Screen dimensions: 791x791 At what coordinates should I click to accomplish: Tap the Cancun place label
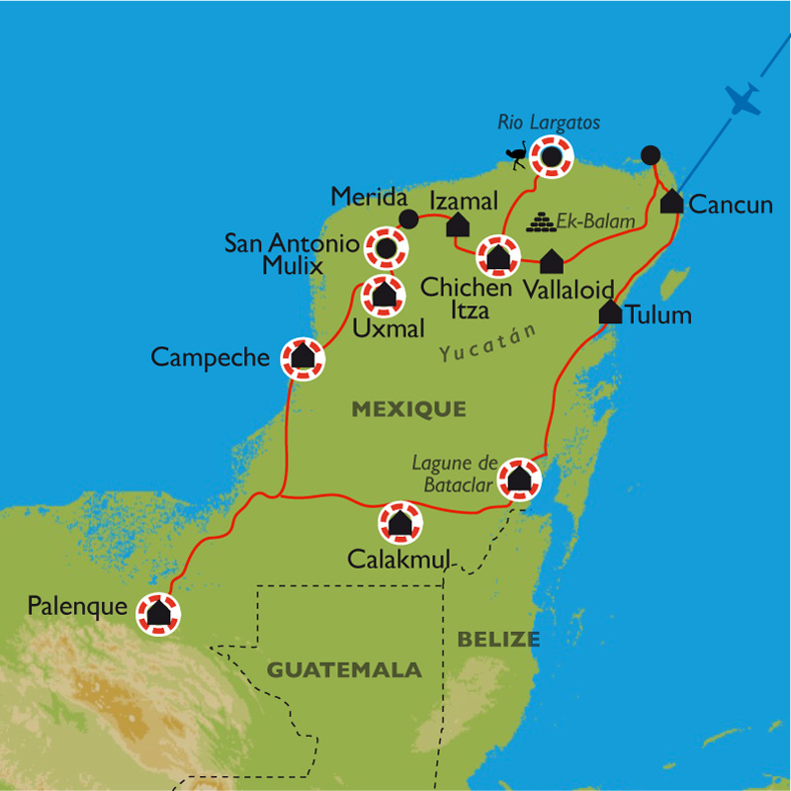click(730, 205)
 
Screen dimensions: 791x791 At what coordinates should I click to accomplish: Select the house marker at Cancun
click(671, 202)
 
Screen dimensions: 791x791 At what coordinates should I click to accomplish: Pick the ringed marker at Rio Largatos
click(551, 156)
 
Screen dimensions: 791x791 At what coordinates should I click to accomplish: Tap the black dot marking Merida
click(405, 217)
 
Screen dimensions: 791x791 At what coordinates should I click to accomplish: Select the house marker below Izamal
click(458, 225)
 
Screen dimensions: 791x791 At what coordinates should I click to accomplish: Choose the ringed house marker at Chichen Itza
click(497, 257)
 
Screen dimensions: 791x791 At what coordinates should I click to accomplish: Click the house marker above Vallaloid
click(552, 261)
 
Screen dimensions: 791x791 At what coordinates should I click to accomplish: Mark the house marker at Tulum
click(610, 311)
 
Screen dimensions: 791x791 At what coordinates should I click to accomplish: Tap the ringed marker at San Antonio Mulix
click(386, 247)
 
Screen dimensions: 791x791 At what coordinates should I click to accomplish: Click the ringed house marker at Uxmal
click(383, 294)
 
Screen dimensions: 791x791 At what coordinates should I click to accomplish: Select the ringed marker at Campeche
click(303, 358)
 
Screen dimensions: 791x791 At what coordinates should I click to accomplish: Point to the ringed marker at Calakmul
click(399, 523)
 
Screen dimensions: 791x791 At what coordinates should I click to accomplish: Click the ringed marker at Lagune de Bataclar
click(519, 480)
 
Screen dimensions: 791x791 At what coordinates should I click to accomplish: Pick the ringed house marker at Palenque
click(157, 613)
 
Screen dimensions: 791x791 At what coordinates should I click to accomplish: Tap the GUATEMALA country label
click(344, 670)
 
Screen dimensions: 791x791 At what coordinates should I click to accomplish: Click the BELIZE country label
click(498, 640)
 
